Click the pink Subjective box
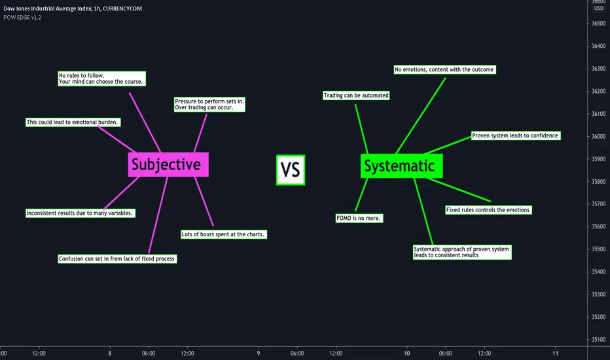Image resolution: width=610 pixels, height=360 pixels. (168, 164)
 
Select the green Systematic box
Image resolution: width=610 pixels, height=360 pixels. (401, 166)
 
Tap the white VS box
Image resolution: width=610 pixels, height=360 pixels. (291, 170)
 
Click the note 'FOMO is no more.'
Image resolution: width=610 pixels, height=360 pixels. (359, 218)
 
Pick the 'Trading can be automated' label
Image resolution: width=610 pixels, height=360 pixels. (356, 96)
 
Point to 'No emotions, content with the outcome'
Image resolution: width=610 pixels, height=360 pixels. (444, 69)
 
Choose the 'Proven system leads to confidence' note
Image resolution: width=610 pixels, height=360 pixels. (516, 135)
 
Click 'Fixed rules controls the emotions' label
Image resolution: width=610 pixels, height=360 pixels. (488, 209)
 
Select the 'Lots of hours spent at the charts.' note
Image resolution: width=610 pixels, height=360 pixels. (224, 234)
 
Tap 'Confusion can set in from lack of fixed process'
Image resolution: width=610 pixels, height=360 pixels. (117, 259)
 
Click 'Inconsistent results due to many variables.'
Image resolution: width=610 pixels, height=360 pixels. (80, 213)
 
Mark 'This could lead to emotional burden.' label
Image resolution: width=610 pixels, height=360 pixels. (73, 122)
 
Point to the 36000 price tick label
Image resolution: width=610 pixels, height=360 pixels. (598, 136)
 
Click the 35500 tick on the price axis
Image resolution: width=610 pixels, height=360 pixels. (598, 249)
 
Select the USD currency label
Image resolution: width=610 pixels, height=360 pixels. (598, 8)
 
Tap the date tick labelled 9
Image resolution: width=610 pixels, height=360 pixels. (259, 353)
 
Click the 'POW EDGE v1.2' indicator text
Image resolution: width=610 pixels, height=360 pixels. (22, 18)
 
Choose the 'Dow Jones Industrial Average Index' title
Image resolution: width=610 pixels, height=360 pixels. (48, 9)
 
